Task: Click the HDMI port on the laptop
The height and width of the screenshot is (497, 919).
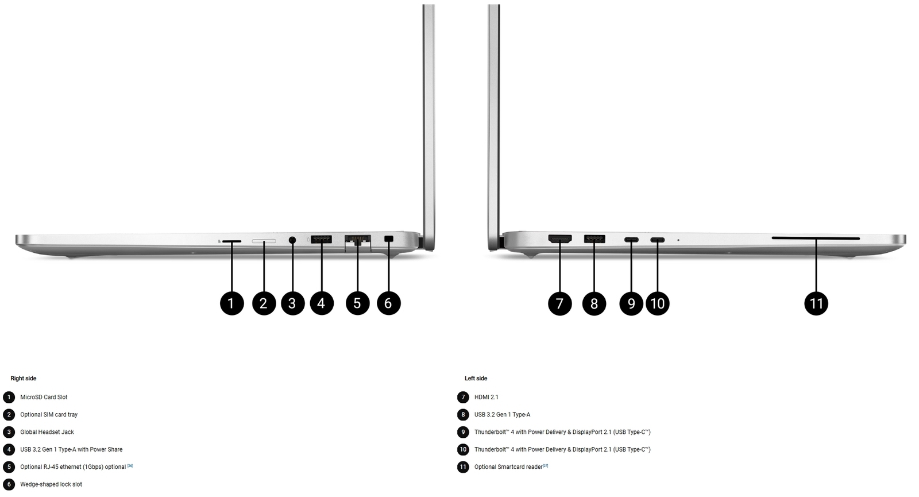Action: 560,238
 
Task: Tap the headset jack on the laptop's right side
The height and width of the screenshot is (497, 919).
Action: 292,240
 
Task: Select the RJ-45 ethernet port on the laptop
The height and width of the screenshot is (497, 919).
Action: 358,241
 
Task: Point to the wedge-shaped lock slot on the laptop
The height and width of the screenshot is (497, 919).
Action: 388,239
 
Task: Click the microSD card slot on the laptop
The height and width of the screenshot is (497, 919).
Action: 232,241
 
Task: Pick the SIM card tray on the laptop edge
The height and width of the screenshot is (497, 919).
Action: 264,241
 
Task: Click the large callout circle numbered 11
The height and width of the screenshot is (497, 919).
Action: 816,303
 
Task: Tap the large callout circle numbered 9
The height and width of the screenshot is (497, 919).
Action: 631,303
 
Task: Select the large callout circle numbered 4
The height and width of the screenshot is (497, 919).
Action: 322,303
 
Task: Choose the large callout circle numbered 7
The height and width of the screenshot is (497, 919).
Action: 560,303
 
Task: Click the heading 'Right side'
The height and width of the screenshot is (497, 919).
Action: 24,379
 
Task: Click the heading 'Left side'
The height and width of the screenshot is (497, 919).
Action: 476,379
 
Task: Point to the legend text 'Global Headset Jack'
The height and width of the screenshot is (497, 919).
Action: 47,431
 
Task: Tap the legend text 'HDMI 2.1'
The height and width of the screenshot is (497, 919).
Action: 486,397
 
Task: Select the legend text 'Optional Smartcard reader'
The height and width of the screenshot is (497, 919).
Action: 508,467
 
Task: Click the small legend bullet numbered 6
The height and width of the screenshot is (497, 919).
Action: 9,484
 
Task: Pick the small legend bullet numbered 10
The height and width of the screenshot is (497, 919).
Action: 463,449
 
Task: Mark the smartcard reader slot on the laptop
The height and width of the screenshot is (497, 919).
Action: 816,238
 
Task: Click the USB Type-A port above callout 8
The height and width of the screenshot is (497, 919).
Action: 594,238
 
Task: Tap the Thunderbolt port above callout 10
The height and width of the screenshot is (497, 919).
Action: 658,239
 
